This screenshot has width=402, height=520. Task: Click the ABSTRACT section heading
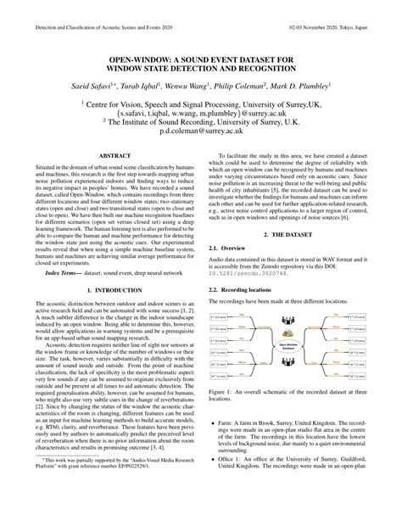pyautogui.click(x=113, y=156)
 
